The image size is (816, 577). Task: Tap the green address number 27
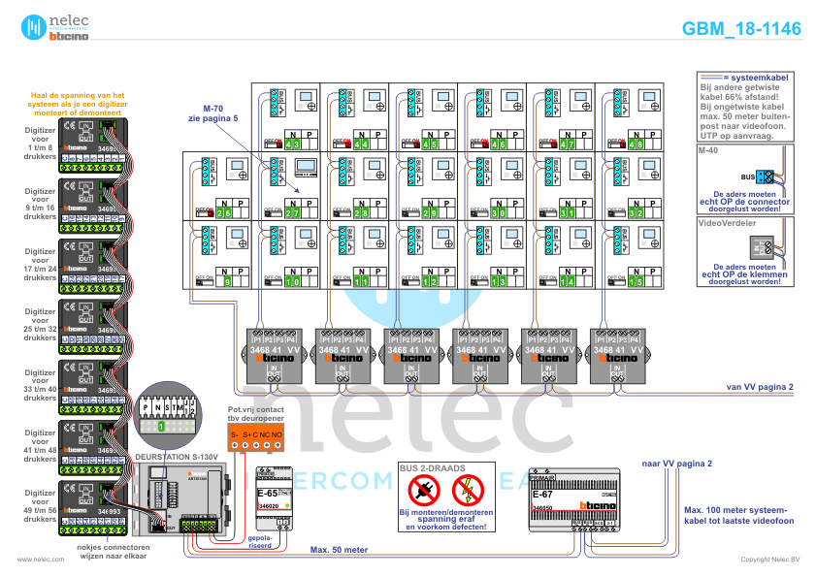click(x=293, y=212)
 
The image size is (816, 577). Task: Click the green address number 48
click(x=636, y=144)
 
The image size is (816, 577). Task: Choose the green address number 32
click(x=636, y=212)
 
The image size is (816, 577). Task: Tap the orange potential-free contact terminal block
click(x=256, y=438)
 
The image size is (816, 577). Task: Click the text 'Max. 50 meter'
click(x=339, y=549)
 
